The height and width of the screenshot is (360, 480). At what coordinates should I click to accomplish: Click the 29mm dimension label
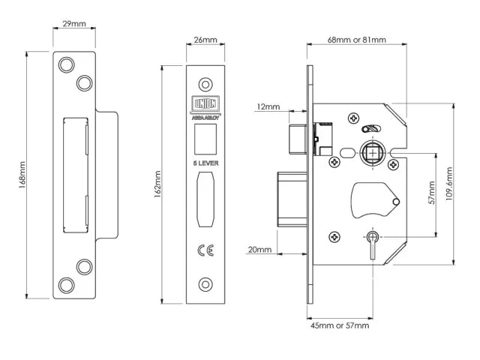click(x=73, y=25)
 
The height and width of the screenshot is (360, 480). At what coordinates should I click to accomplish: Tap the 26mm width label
click(x=205, y=39)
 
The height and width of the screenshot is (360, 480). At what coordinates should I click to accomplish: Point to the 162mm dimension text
click(x=158, y=184)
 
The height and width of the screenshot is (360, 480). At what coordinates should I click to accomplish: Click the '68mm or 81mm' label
click(x=357, y=39)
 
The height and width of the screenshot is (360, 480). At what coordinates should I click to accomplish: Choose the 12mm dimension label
click(x=266, y=107)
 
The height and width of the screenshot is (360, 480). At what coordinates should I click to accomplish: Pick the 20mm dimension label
click(x=259, y=250)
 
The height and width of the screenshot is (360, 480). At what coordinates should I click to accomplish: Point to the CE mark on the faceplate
click(x=205, y=250)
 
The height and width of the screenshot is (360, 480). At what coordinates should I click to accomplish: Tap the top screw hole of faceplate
click(x=205, y=82)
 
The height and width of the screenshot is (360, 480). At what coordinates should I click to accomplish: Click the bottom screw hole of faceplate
click(x=205, y=285)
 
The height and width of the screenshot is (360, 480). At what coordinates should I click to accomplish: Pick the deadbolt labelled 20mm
click(x=290, y=197)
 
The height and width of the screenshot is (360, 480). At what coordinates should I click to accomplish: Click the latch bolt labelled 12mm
click(x=296, y=137)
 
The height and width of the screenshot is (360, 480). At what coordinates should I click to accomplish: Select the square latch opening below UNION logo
click(x=205, y=136)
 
